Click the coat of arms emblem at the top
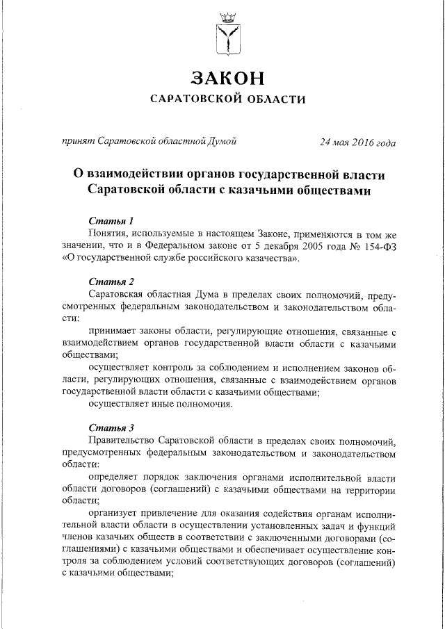228,32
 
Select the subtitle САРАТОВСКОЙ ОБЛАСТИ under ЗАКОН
229,99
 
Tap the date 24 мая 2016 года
357,142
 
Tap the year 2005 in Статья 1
300,247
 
